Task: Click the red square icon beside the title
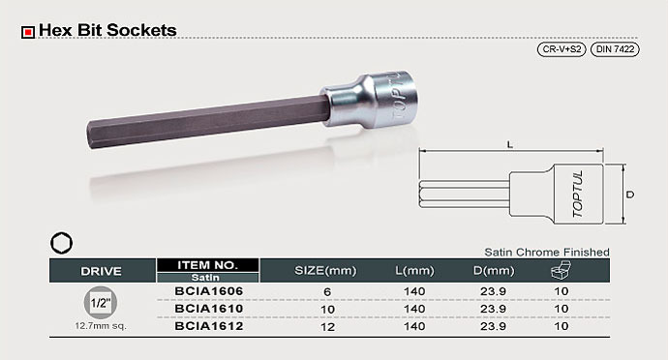28,32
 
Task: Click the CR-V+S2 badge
562,49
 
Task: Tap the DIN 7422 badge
615,49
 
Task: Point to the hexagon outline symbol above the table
61,243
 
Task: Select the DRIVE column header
101,271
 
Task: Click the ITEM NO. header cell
207,265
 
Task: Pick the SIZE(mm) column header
325,271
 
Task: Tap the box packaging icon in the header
561,270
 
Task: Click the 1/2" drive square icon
101,303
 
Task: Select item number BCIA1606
209,291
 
